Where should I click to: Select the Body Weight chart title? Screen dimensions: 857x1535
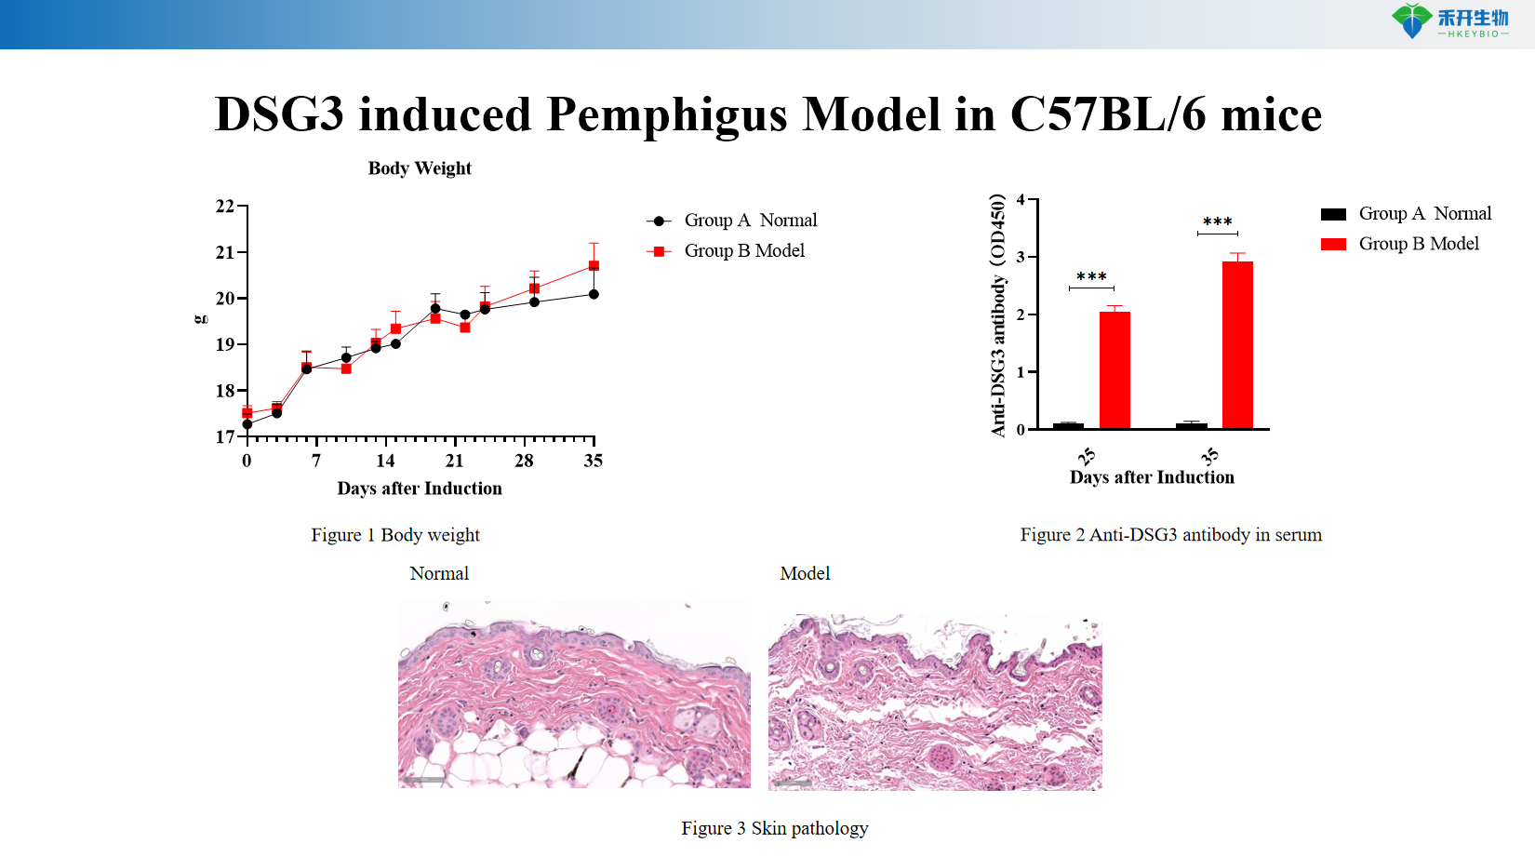(x=420, y=168)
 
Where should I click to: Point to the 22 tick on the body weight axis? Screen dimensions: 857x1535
(x=225, y=207)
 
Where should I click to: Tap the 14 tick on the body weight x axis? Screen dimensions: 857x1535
(x=385, y=461)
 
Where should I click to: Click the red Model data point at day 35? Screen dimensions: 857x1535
(x=594, y=266)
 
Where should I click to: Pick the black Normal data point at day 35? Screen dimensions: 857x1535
(x=594, y=294)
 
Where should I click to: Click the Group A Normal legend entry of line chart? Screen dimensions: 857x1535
(x=732, y=221)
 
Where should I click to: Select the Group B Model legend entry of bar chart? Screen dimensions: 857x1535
(x=1400, y=244)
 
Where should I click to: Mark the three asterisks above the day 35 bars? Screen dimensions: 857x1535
(x=1217, y=222)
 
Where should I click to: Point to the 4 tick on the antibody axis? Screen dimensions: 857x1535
(x=1021, y=200)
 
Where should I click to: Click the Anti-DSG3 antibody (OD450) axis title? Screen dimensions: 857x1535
(x=998, y=315)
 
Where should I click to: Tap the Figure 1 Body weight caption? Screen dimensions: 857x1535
(x=395, y=535)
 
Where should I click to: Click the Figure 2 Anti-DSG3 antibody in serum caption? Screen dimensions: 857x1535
(x=1170, y=535)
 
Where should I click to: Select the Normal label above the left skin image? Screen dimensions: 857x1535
(x=439, y=574)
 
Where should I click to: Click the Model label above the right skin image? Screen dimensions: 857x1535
(x=805, y=574)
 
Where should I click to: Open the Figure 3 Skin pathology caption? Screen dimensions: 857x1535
(x=774, y=828)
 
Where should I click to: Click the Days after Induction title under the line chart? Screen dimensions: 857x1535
(x=420, y=489)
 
